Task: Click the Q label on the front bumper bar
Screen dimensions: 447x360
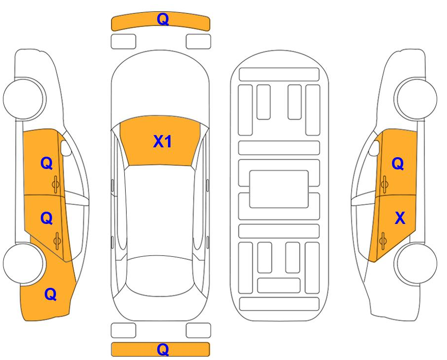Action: [163, 19]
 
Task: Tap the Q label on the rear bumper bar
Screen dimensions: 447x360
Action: [163, 350]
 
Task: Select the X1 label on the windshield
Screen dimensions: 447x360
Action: [163, 141]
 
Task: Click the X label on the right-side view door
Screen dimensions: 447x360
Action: [400, 218]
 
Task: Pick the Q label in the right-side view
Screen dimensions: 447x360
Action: [398, 164]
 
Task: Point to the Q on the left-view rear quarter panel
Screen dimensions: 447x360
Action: [51, 294]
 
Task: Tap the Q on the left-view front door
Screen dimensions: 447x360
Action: [47, 164]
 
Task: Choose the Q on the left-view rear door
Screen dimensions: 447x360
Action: [47, 219]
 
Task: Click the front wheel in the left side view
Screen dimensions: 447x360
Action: [25, 99]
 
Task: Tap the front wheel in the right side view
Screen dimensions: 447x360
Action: [416, 99]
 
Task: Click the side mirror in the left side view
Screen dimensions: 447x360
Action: [66, 148]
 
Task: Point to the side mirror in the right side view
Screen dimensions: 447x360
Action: [374, 148]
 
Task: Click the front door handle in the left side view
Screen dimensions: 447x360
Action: [56, 184]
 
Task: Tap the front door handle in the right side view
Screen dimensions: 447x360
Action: [384, 184]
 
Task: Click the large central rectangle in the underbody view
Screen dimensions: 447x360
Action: [279, 189]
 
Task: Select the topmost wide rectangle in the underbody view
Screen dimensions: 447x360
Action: [279, 74]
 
